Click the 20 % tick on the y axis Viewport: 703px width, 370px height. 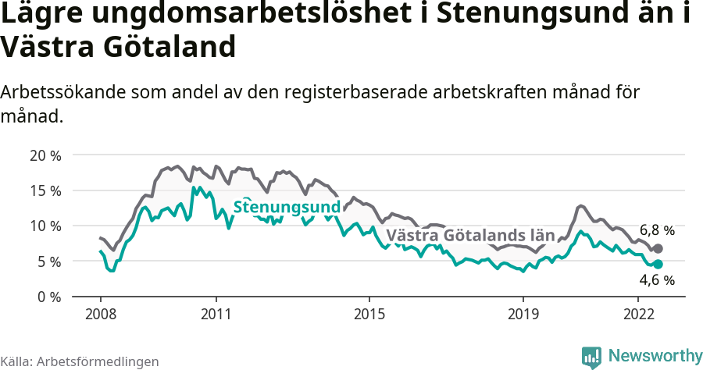(x=45, y=155)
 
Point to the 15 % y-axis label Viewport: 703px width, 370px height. (x=45, y=190)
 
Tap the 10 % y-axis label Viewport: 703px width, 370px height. (x=45, y=226)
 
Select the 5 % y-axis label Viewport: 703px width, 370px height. (x=48, y=261)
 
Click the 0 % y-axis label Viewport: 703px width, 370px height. (x=48, y=297)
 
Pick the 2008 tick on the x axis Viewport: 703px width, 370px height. (x=100, y=314)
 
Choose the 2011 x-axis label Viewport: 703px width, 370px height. (x=216, y=314)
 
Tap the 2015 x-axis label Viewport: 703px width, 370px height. (x=369, y=314)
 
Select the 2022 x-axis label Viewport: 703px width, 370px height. (x=638, y=314)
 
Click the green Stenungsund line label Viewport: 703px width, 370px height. (x=287, y=208)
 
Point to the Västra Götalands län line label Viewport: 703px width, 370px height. (x=470, y=235)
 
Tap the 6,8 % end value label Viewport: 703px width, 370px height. (x=657, y=230)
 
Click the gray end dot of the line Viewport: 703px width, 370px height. (x=658, y=248)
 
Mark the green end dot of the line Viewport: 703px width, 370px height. (x=658, y=264)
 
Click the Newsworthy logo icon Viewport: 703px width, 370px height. (x=591, y=357)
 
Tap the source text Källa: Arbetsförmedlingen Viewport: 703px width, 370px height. (x=80, y=361)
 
